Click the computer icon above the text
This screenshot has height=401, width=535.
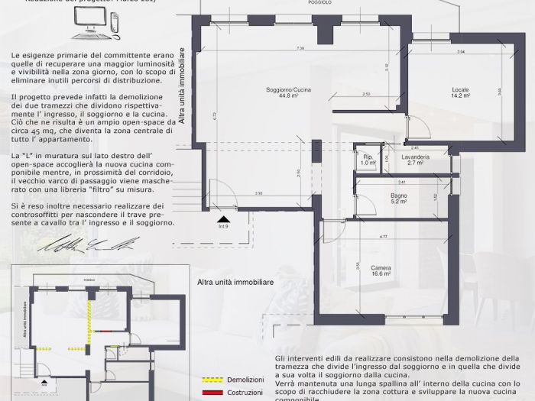(x=96, y=27)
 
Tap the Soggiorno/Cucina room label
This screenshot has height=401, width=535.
(x=277, y=90)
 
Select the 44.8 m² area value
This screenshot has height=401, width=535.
(x=277, y=96)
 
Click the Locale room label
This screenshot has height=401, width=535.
(x=460, y=89)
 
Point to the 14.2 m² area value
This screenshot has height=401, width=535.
(x=460, y=96)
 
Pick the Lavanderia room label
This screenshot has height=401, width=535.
(x=416, y=157)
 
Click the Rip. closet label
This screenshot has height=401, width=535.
(x=368, y=157)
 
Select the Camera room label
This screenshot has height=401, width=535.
(x=381, y=267)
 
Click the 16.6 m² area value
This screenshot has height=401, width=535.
(x=381, y=273)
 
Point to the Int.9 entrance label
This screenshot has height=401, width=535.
(x=223, y=226)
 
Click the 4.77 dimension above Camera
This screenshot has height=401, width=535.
(x=382, y=238)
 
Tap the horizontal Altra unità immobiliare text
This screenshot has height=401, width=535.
(x=235, y=282)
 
